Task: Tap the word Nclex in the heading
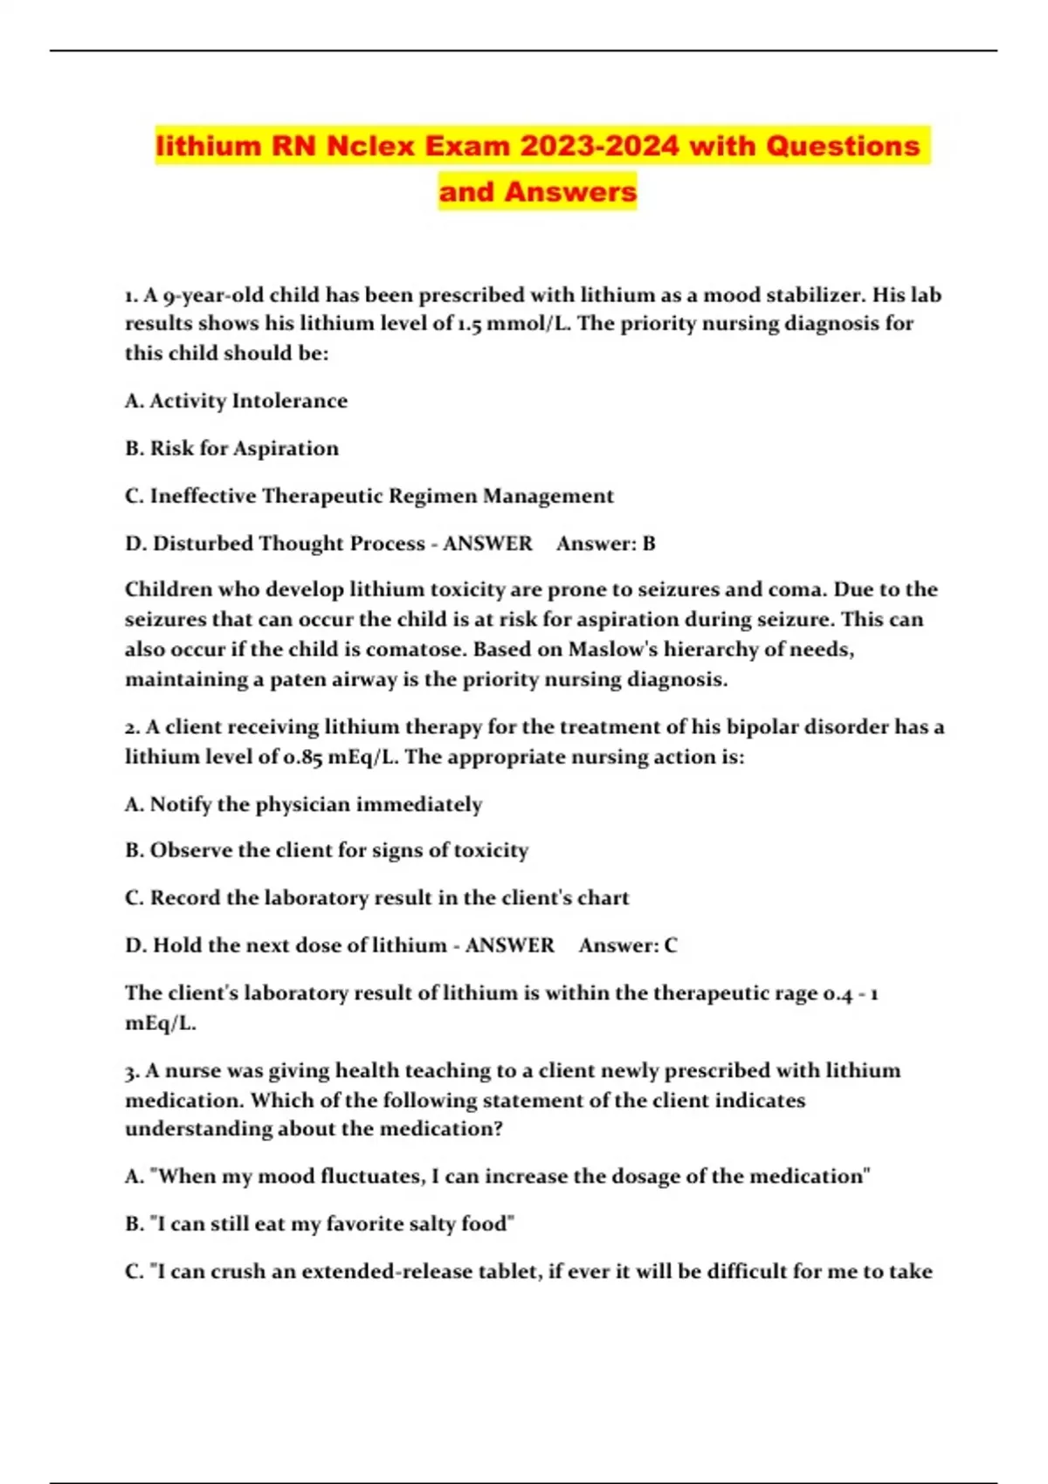tap(370, 146)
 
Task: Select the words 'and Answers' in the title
tap(537, 191)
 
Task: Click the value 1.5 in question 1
tap(471, 324)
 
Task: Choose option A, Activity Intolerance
tap(236, 401)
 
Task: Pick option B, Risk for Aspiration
tap(231, 449)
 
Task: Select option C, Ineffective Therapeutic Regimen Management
tap(369, 496)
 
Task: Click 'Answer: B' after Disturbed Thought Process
tap(605, 544)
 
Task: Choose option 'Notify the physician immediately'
tap(303, 804)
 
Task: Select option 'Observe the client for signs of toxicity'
tap(327, 850)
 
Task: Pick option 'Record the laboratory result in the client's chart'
tap(376, 898)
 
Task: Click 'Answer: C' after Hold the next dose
tap(627, 945)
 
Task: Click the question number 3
tap(130, 1071)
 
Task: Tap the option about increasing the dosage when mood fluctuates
tap(498, 1177)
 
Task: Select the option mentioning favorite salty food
tap(320, 1224)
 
